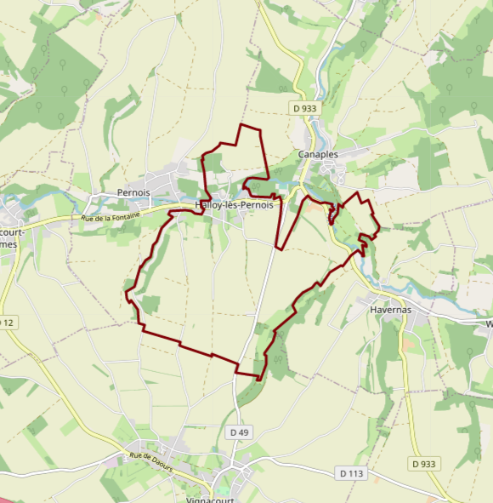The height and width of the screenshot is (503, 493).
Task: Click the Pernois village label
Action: tap(133, 193)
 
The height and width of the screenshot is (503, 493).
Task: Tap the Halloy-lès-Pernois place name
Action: tap(234, 206)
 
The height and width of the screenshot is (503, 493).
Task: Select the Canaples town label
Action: tap(318, 155)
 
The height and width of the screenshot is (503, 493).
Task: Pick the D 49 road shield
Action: tap(240, 432)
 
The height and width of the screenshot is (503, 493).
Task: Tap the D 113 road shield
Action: tap(350, 473)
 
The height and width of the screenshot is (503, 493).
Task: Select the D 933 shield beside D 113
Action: tap(423, 464)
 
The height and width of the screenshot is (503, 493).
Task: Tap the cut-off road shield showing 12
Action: tap(7, 322)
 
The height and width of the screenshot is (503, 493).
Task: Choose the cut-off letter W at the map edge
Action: tap(489, 324)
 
